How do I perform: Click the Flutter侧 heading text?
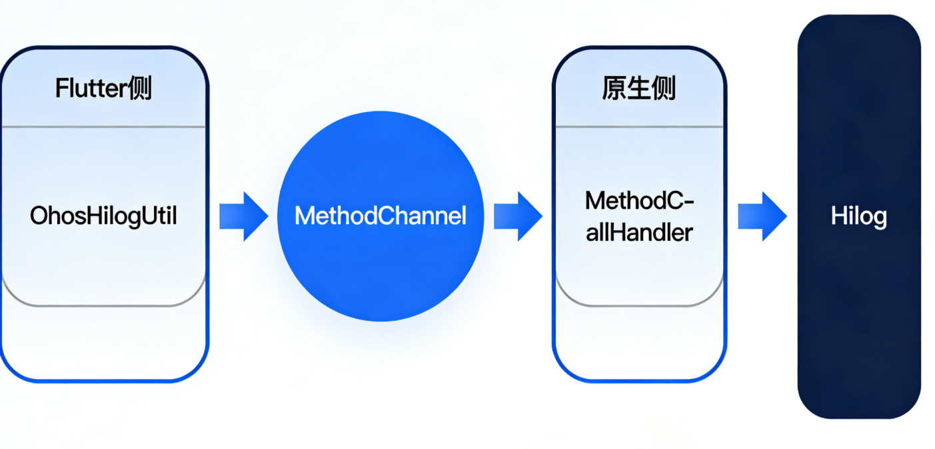click(x=103, y=88)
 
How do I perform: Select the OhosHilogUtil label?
click(x=103, y=216)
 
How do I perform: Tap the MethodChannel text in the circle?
click(x=380, y=216)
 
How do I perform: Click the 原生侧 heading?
click(x=638, y=88)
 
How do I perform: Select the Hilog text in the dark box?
click(x=858, y=216)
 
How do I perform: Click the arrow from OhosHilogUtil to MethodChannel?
click(x=244, y=216)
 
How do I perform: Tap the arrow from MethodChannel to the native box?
click(x=518, y=216)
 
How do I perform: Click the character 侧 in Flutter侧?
click(x=141, y=88)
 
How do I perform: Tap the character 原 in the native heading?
click(x=614, y=88)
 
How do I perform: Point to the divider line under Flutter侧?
click(x=103, y=126)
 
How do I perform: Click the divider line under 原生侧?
click(x=638, y=126)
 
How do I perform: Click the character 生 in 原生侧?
click(x=638, y=88)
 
